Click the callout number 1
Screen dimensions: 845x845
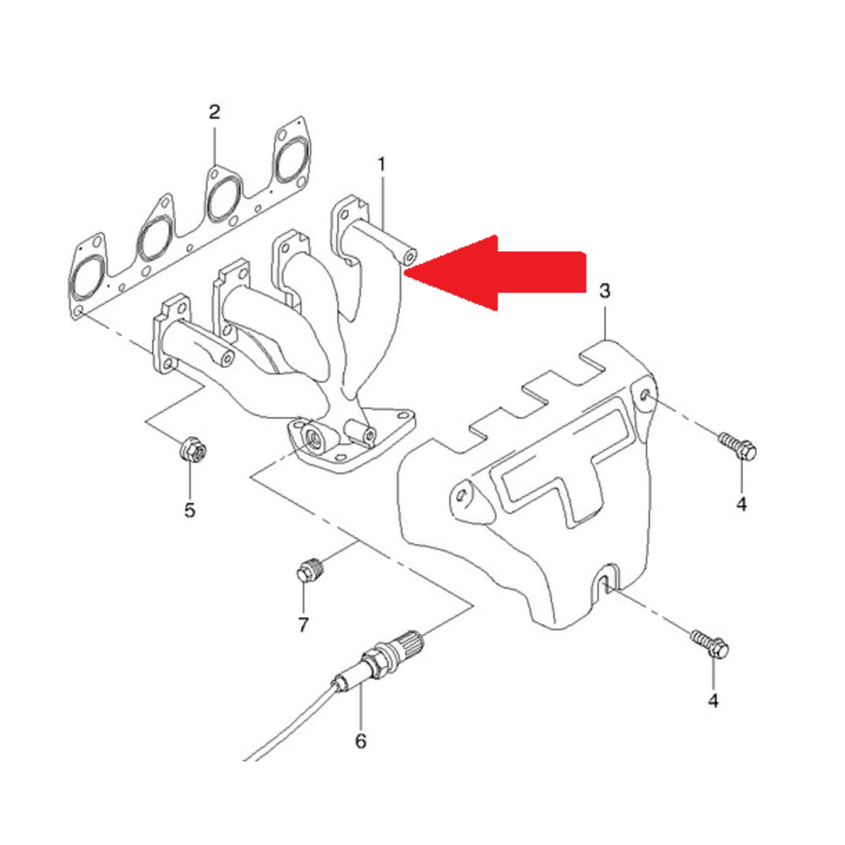(382, 165)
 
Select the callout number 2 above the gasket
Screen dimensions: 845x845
(215, 112)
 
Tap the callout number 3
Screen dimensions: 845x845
(605, 291)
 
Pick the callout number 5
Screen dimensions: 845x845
(189, 510)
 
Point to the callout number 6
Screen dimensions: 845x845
(361, 741)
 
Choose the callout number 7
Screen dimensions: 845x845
(303, 624)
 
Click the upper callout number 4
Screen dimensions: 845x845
(742, 504)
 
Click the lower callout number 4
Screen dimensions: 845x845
(713, 701)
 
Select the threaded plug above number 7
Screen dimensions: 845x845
(309, 569)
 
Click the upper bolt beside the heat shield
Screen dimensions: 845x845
(738, 445)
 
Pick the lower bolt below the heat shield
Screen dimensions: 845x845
(710, 643)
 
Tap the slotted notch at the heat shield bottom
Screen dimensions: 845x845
(606, 579)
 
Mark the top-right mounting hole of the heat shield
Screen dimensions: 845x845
(646, 395)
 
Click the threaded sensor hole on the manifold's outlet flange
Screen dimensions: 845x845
(313, 438)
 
